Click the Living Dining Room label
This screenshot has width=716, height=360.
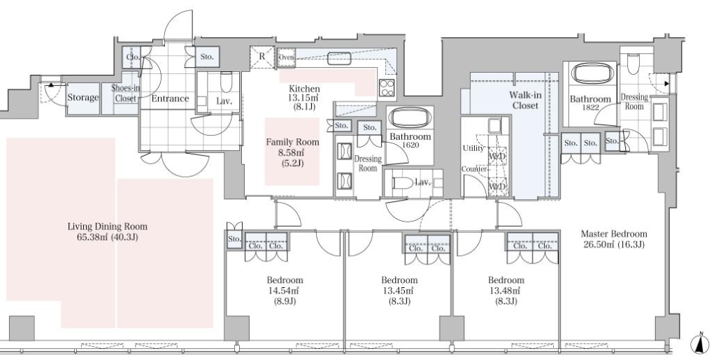107,226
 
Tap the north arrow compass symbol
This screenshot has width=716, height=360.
699,344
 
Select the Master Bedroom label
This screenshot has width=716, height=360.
614,234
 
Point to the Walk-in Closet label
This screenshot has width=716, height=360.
525,101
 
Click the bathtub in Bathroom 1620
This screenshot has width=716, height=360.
410,118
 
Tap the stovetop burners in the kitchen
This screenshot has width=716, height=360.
386,87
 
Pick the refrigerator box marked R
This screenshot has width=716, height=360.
262,57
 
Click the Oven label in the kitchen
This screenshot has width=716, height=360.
286,57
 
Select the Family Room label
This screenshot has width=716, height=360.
293,143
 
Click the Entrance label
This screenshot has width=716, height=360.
171,99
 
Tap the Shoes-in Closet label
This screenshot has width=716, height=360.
125,93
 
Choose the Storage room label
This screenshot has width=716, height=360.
83,97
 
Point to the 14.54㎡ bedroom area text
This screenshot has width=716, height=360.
285,291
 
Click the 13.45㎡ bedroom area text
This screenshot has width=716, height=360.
399,291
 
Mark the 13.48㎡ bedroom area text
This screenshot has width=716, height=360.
506,291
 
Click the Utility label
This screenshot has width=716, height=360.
473,148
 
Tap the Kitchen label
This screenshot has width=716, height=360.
305,89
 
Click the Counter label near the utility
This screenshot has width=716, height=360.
475,169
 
